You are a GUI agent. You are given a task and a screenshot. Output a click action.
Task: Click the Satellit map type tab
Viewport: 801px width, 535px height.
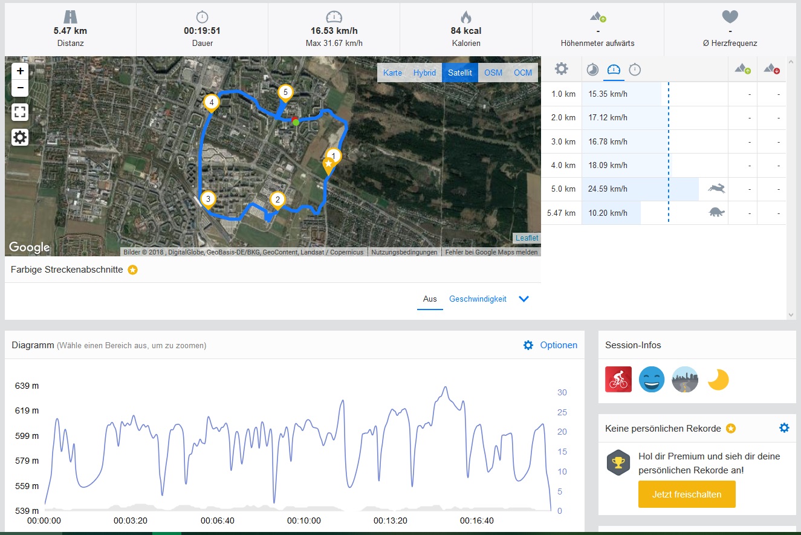click(x=459, y=73)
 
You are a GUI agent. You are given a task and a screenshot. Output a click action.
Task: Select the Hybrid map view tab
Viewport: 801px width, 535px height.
click(x=424, y=73)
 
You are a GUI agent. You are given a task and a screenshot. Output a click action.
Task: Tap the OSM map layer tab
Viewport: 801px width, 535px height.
click(x=493, y=73)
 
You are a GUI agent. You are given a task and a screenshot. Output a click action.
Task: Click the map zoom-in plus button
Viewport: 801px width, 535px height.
click(x=21, y=71)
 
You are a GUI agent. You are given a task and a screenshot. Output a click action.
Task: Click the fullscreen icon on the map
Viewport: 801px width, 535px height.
click(x=21, y=112)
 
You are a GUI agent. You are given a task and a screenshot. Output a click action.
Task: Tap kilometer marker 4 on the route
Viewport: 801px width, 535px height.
click(x=211, y=103)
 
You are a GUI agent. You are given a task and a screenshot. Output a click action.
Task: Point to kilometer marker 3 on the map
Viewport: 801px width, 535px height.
click(x=208, y=198)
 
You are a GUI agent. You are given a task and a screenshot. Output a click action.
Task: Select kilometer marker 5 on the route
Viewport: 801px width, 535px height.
click(x=285, y=92)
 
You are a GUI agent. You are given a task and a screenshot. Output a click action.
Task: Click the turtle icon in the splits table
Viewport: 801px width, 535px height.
click(x=717, y=212)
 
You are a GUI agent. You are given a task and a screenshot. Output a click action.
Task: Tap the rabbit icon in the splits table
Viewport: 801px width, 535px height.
click(x=717, y=189)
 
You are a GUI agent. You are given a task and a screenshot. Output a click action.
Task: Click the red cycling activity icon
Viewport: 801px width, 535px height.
click(x=618, y=380)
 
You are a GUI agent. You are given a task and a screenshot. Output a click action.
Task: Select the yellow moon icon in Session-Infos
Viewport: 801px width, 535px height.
click(x=718, y=380)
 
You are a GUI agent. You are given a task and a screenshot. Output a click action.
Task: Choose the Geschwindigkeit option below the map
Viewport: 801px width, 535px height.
click(x=478, y=299)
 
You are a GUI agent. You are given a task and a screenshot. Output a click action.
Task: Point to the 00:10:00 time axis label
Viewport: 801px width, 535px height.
click(x=304, y=520)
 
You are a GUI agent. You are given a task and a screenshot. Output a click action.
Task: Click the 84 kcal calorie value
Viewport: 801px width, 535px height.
click(x=465, y=30)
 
